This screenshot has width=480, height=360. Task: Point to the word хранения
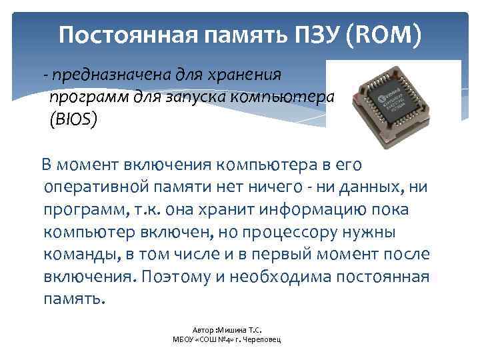tap(247, 75)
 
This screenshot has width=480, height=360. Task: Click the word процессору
tap(293, 233)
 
